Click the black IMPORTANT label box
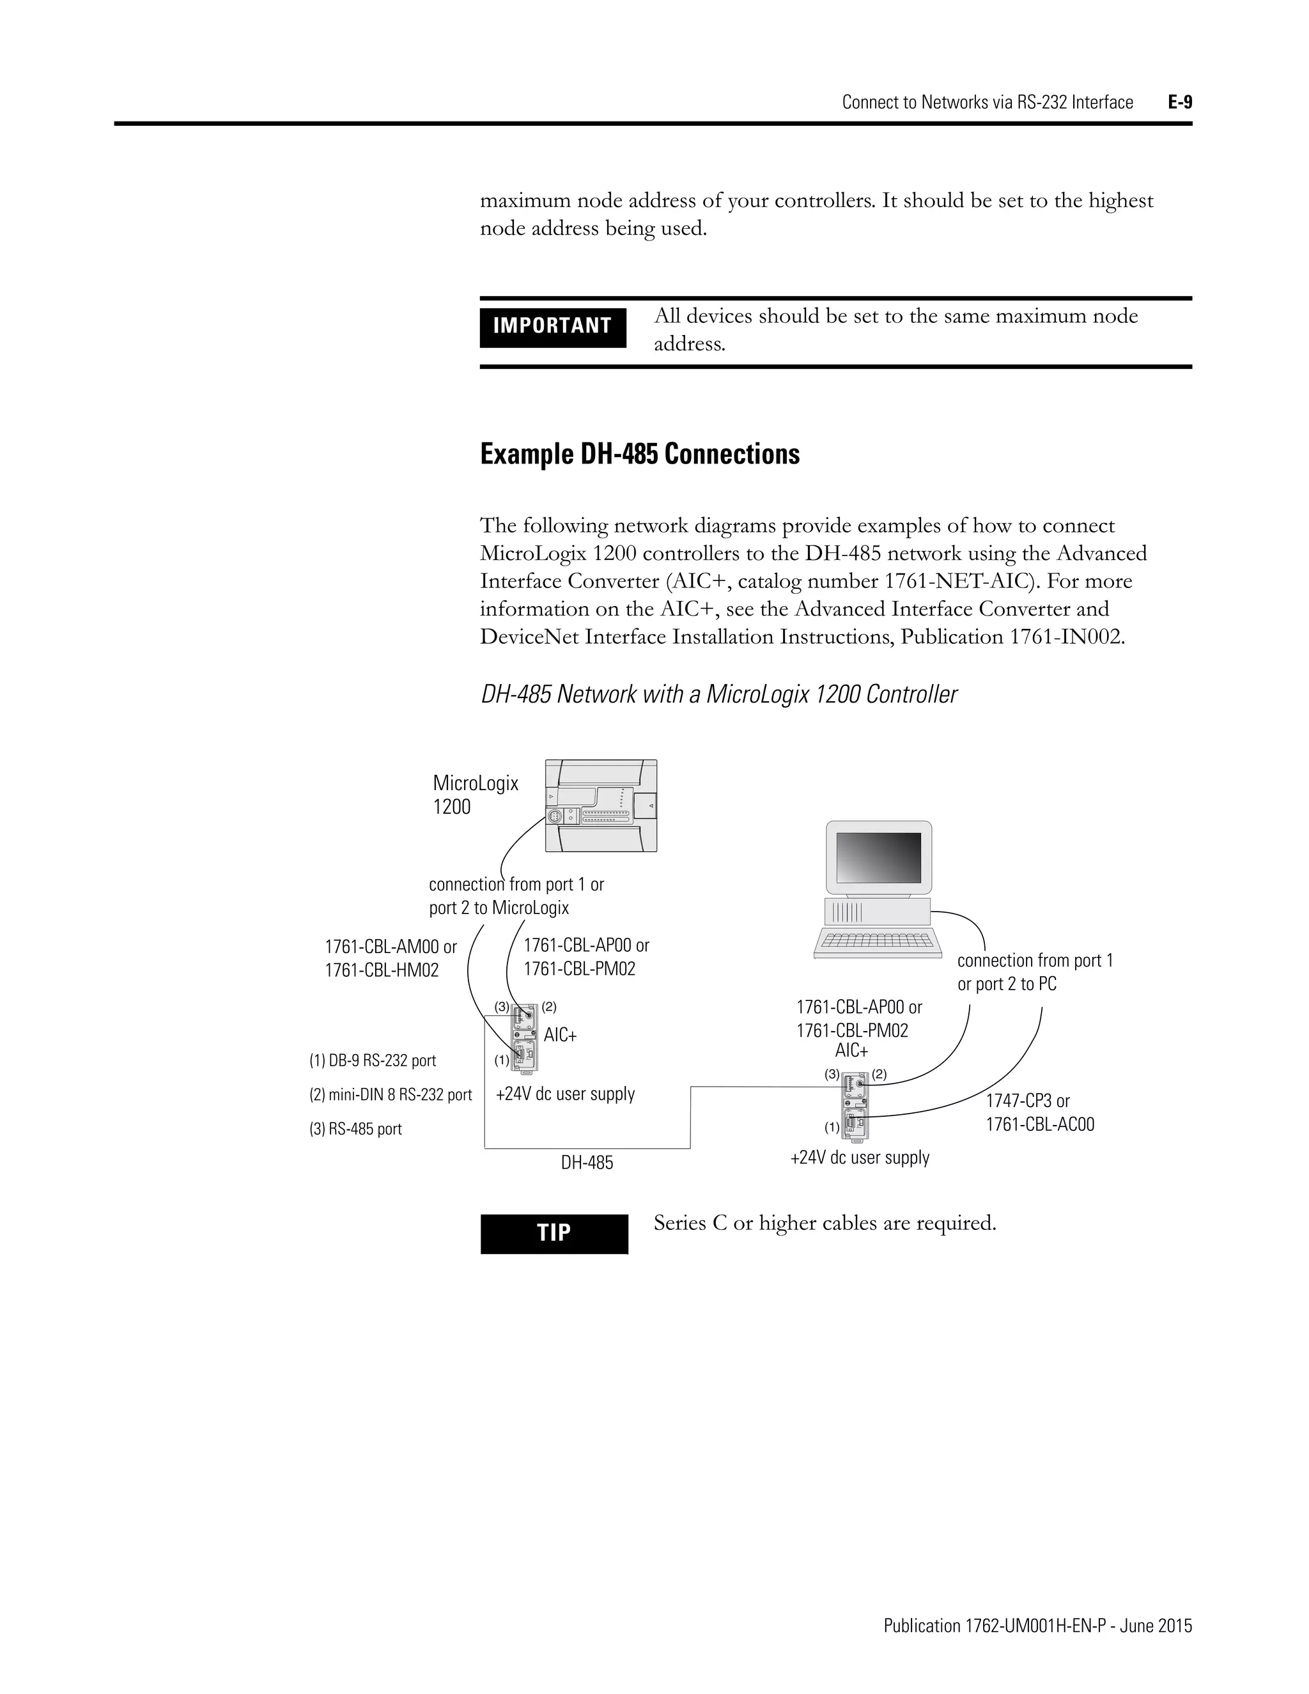tap(552, 327)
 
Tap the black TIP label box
tap(554, 1233)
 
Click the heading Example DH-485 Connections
tap(640, 454)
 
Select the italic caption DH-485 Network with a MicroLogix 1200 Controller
tap(719, 694)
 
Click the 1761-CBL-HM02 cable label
tap(382, 970)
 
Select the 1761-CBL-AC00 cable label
tap(1040, 1124)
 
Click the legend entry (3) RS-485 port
tap(356, 1130)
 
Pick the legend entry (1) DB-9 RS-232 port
tap(373, 1061)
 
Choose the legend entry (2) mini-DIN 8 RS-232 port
tap(391, 1095)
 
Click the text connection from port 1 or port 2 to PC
tap(1035, 972)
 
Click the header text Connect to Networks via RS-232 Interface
tap(987, 102)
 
